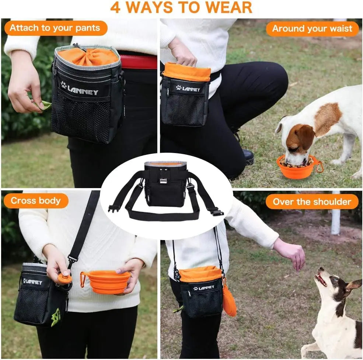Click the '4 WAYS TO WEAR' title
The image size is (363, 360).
(181, 7)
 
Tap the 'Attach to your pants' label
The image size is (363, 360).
(55, 28)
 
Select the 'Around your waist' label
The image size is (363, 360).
(312, 29)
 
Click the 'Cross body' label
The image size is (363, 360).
(36, 201)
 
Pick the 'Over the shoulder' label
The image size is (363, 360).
(312, 202)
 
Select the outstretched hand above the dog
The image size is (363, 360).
(291, 253)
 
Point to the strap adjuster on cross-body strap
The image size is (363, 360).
(72, 260)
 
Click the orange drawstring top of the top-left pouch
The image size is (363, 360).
(88, 56)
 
